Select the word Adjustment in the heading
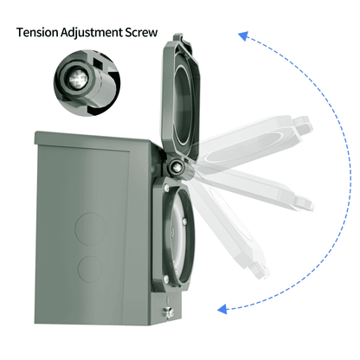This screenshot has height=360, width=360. coord(93,34)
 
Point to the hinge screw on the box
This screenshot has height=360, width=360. coord(177,167)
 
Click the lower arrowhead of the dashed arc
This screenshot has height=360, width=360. coord(222,306)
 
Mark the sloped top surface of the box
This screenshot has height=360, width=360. coord(95,138)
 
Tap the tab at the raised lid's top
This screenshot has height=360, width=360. coord(177,38)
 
